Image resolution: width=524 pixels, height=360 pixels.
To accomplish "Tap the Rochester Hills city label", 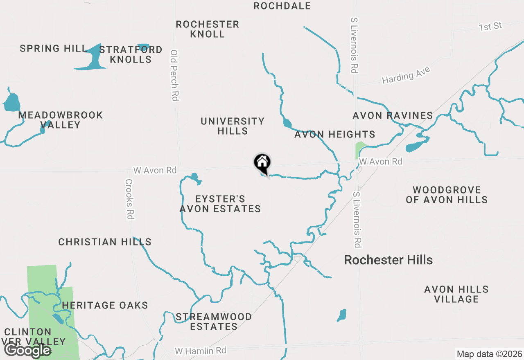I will tap(388, 260).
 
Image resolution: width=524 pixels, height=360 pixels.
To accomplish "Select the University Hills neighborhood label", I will tap(233, 126).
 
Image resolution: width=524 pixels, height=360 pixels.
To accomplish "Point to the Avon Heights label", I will tap(334, 134).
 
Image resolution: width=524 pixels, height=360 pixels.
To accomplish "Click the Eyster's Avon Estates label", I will tap(220, 204).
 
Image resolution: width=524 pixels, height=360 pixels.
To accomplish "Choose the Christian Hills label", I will tap(105, 242).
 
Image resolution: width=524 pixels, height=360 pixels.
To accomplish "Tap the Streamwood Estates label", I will tap(214, 322).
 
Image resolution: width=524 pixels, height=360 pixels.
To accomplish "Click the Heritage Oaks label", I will tap(105, 305).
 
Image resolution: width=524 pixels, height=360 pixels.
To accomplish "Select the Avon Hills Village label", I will tap(456, 294).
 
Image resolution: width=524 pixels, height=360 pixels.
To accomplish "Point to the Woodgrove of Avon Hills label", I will tap(447, 195).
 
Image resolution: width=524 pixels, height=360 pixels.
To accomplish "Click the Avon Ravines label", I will tap(393, 115).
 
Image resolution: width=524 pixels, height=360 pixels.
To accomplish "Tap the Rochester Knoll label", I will tap(208, 29).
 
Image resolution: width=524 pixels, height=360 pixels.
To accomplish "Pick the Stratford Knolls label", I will tap(131, 54).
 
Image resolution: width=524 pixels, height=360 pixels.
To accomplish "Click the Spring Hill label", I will tap(54, 48).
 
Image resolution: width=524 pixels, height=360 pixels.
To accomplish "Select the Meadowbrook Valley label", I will tap(61, 120).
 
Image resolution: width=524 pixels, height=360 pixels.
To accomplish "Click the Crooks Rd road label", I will tap(129, 199).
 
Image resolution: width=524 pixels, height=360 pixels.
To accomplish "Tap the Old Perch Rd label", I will tap(175, 75).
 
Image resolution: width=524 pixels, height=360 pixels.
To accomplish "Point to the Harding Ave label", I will tap(406, 75).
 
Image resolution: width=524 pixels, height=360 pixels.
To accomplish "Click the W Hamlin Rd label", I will tap(200, 351).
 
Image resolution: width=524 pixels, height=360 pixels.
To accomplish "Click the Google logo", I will tap(27, 350).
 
